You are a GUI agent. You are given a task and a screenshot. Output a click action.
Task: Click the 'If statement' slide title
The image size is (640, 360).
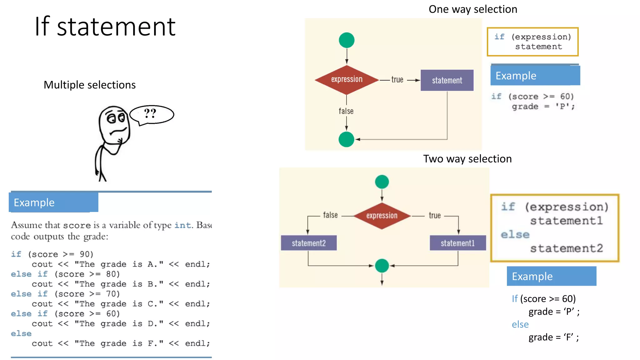(x=105, y=27)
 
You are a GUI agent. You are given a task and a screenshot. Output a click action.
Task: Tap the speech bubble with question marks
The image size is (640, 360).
(x=152, y=114)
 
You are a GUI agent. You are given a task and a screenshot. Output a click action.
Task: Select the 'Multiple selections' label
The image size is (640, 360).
(x=90, y=85)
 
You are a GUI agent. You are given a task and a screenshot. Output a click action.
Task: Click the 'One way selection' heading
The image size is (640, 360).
(x=472, y=9)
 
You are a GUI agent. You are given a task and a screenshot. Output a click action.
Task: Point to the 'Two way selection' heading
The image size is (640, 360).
(x=467, y=159)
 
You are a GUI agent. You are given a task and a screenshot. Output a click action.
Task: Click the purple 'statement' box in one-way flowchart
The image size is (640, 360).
(x=447, y=80)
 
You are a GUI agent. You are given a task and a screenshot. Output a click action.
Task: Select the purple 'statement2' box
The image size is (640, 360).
(x=309, y=243)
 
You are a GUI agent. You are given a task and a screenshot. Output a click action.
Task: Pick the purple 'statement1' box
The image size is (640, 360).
(x=457, y=243)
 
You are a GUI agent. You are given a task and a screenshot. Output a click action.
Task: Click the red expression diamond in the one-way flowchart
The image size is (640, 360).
(x=347, y=80)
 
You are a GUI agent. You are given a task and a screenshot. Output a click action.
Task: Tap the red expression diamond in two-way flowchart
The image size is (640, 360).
(x=382, y=216)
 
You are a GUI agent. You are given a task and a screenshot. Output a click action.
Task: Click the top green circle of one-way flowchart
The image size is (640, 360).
(x=347, y=40)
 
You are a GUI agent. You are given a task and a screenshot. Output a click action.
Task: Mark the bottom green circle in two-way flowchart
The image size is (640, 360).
(x=382, y=266)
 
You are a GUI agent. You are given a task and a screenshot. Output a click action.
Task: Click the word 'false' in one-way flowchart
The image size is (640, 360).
(x=346, y=111)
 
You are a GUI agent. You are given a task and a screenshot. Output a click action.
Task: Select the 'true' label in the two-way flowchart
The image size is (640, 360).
(x=435, y=215)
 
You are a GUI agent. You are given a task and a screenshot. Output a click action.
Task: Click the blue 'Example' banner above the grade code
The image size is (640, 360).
(x=53, y=202)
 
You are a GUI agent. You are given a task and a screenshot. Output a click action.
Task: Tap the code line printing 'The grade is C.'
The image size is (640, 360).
(x=121, y=304)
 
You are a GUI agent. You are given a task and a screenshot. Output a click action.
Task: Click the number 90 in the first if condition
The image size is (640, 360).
(x=85, y=254)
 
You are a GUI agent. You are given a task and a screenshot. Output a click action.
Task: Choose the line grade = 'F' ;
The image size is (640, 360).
(x=553, y=337)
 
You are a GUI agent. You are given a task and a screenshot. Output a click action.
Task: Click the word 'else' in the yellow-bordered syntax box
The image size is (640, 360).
(x=515, y=234)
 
